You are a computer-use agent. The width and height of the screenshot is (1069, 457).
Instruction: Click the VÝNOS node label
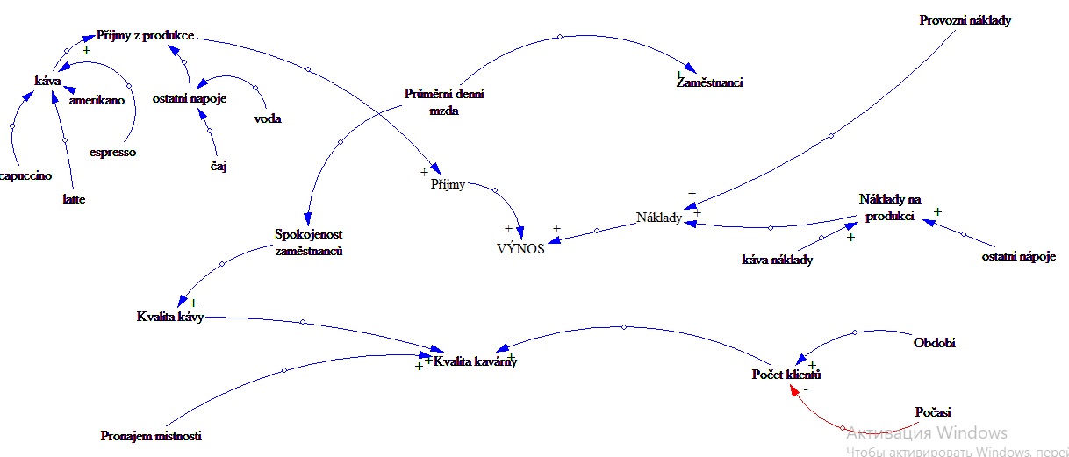pyautogui.click(x=520, y=248)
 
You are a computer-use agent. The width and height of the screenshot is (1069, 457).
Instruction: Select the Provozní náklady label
pyautogui.click(x=965, y=19)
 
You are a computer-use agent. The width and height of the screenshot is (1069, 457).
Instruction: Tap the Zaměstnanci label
pyautogui.click(x=709, y=82)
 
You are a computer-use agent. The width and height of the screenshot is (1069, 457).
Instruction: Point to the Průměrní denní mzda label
pyautogui.click(x=443, y=102)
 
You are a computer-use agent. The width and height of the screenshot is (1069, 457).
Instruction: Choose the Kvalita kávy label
pyautogui.click(x=170, y=317)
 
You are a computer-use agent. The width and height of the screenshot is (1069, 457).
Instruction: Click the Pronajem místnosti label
pyautogui.click(x=151, y=436)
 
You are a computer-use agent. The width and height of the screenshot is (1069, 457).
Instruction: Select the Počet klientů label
pyautogui.click(x=786, y=375)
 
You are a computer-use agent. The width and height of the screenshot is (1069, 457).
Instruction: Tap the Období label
pyautogui.click(x=934, y=342)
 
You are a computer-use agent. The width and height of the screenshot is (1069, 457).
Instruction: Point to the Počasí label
pyautogui.click(x=933, y=411)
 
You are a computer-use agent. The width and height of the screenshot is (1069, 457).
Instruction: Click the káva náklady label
pyautogui.click(x=777, y=260)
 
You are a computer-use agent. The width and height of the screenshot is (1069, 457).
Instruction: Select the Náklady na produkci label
pyautogui.click(x=889, y=208)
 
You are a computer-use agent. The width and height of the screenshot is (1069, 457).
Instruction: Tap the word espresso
pyautogui.click(x=112, y=152)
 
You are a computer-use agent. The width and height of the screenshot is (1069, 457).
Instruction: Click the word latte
pyautogui.click(x=74, y=199)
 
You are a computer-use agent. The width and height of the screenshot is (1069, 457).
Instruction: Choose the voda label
pyautogui.click(x=267, y=118)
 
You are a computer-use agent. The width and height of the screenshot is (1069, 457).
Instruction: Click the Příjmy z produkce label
pyautogui.click(x=151, y=36)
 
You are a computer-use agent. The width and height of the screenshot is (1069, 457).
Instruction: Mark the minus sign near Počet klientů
pyautogui.click(x=806, y=389)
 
